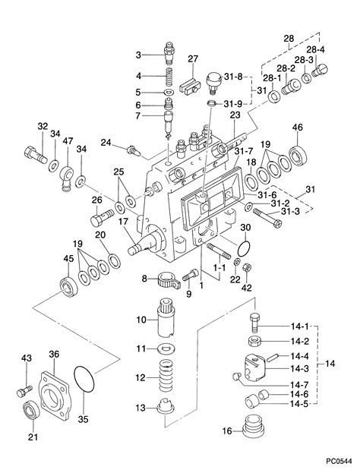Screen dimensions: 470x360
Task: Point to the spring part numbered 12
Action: [165, 375]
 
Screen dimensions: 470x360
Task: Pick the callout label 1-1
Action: [221, 267]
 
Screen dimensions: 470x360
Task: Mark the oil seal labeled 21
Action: [31, 413]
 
